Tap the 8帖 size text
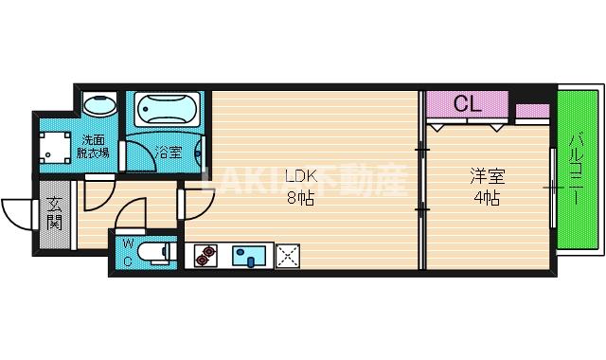click(300, 197)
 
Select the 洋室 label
click(486, 177)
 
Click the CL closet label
click(468, 104)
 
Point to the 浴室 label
click(169, 152)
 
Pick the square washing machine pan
click(55, 147)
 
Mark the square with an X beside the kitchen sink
click(288, 254)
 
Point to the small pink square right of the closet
click(532, 112)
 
